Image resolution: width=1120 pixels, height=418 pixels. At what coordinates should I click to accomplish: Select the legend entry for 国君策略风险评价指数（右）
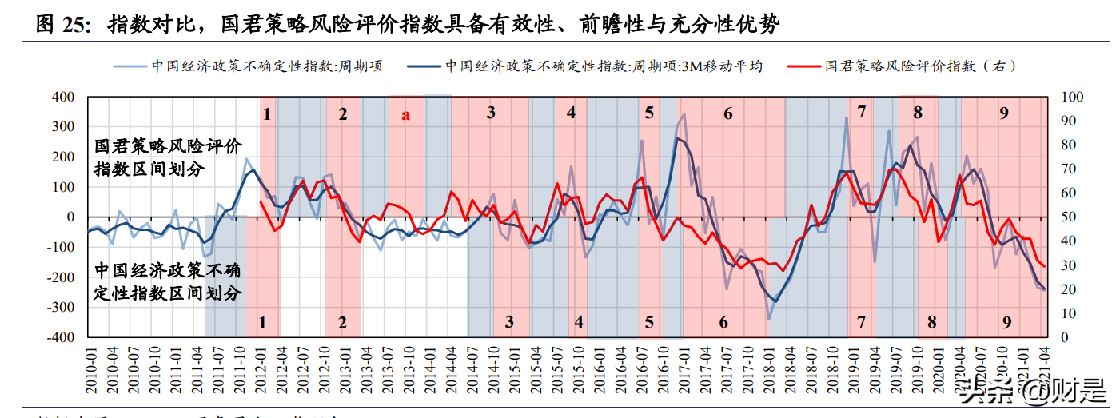(920, 66)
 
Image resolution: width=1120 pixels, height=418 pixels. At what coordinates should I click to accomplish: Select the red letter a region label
(405, 114)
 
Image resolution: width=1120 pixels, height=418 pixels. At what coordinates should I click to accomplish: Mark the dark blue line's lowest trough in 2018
(775, 301)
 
